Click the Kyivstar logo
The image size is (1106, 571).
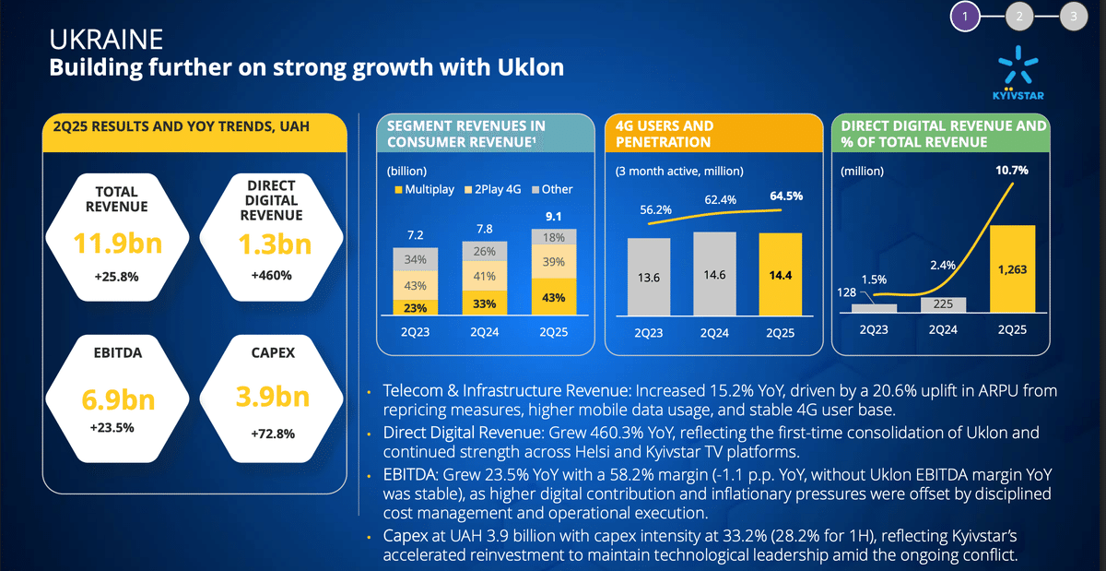(x=1026, y=73)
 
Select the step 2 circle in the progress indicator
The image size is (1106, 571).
(x=1018, y=16)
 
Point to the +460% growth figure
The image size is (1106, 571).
(x=271, y=275)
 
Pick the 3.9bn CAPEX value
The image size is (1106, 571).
(x=271, y=398)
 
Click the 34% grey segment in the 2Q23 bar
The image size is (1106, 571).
(x=416, y=259)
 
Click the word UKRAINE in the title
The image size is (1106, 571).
(x=106, y=40)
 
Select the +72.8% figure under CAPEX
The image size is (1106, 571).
(x=271, y=434)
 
